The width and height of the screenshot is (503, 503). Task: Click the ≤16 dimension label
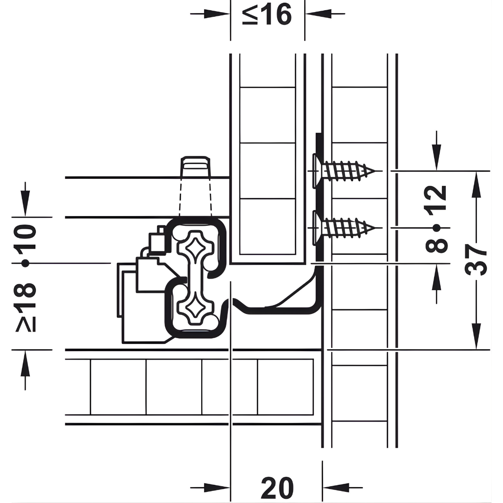click(267, 15)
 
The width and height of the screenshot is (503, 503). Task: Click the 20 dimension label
click(277, 488)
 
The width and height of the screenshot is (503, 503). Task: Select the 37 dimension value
click(477, 259)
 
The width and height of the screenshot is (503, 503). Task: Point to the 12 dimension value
click(436, 198)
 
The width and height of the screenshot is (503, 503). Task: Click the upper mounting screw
click(343, 170)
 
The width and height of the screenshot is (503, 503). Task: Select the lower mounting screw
click(343, 228)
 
